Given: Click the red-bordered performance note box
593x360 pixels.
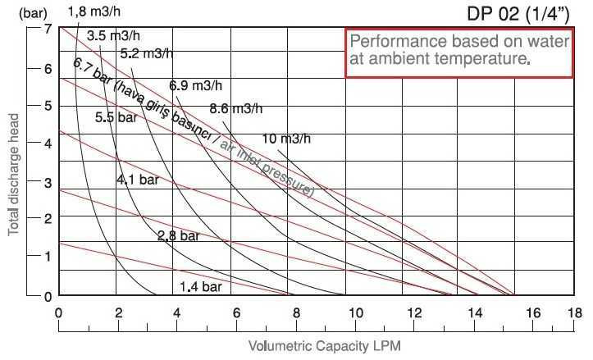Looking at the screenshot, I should coord(458,52).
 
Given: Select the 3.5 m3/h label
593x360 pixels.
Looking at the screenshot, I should coord(112,35).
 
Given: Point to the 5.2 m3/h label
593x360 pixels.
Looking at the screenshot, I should coord(145,54).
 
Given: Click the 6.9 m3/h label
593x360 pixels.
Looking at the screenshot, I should coord(196,85).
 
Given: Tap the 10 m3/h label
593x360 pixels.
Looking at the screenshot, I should coord(286,138).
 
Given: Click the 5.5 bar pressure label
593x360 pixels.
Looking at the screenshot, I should coord(116,117).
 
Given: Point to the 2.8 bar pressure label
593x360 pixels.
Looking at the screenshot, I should coord(178,236).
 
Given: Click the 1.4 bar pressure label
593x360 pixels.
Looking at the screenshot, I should coord(201,287).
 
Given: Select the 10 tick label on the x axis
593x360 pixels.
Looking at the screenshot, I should coord(355,312).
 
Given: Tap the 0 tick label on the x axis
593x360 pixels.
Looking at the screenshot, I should coord(58,312).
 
